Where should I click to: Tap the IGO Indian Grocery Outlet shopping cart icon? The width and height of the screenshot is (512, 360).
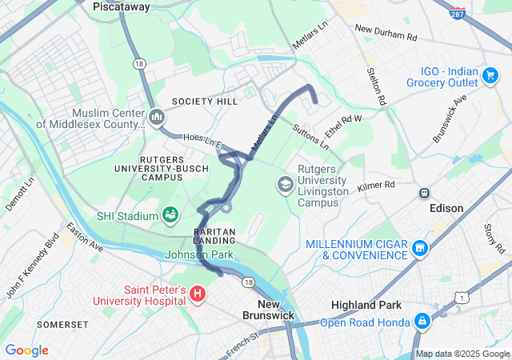pos(489,75)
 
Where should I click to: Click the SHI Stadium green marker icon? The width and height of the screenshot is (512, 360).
pos(170,214)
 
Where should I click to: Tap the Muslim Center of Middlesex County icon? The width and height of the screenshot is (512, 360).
pos(156,118)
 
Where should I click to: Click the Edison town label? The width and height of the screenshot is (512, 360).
pos(446,208)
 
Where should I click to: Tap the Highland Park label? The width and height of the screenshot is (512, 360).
pos(366,305)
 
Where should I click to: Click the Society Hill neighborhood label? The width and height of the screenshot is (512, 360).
pos(205,102)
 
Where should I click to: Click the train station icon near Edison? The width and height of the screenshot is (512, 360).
pos(424,193)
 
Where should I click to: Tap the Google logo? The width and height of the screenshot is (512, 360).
pos(27,350)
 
